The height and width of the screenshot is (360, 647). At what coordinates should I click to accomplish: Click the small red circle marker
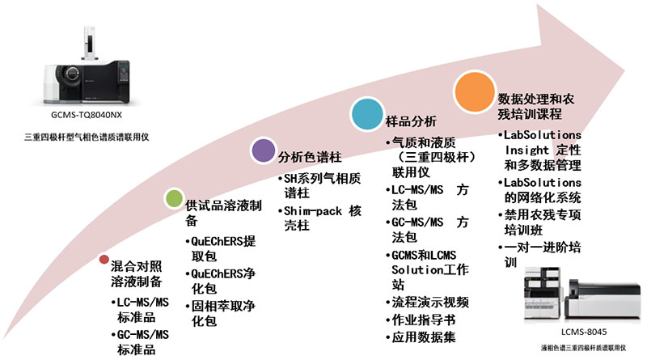[x=104, y=260]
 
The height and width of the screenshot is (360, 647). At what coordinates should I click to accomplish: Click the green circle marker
[x=172, y=197]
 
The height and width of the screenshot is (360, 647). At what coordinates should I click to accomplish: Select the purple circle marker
[x=262, y=150]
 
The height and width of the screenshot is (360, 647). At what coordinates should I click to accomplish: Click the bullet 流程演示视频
[x=429, y=302]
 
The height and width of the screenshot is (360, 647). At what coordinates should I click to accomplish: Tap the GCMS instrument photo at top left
[x=87, y=61]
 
